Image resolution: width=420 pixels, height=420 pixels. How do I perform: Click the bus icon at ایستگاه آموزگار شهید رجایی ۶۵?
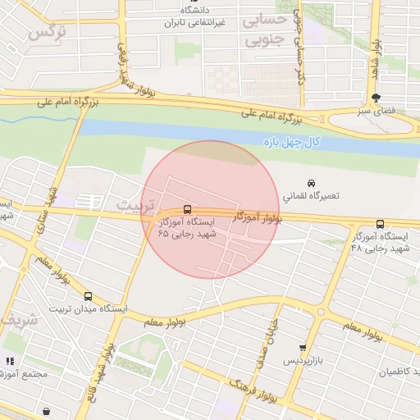pyautogui.click(x=188, y=209)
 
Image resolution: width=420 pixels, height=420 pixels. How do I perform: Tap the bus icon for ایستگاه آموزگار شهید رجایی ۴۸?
pyautogui.click(x=379, y=225)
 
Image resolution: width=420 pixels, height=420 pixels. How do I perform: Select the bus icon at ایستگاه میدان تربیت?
pyautogui.click(x=88, y=296)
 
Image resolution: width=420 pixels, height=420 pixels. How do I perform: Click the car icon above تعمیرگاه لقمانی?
pyautogui.click(x=311, y=183)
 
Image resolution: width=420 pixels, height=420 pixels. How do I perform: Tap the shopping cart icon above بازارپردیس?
pyautogui.click(x=303, y=348)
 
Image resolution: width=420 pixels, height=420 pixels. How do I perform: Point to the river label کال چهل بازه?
pyautogui.click(x=291, y=143)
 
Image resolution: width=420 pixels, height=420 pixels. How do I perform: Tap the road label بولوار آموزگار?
pyautogui.click(x=258, y=218)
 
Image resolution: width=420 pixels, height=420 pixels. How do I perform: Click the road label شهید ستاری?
pyautogui.click(x=49, y=209)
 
